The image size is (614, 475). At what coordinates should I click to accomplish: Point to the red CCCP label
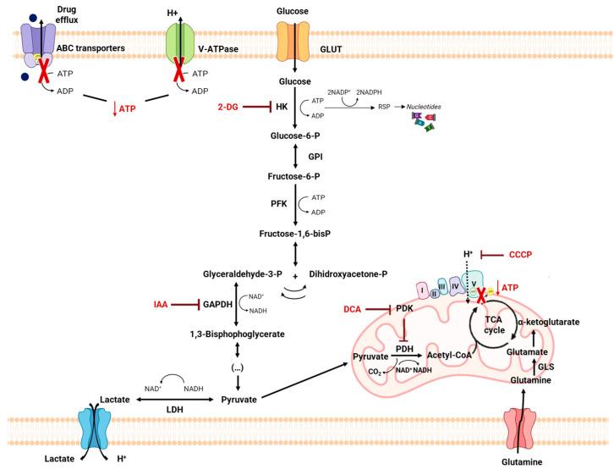point(525,254)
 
